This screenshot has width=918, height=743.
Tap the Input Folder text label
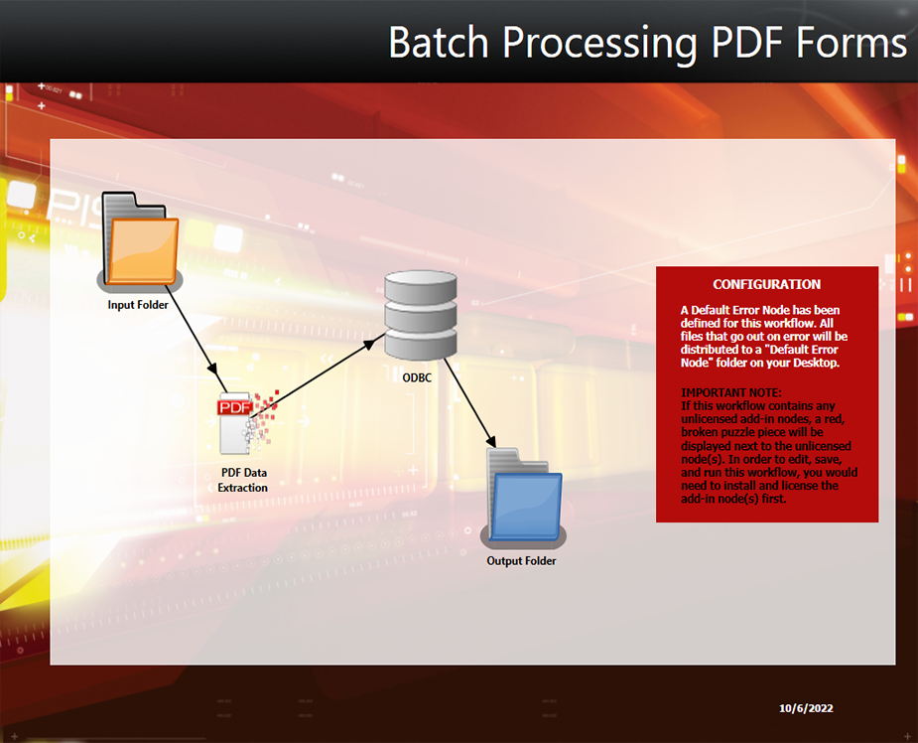138,305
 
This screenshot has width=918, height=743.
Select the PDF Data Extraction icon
247,422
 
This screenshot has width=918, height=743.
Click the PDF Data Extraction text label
243,480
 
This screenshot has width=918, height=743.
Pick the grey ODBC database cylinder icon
421,315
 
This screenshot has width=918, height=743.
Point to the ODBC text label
417,377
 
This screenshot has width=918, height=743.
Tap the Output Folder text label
521,561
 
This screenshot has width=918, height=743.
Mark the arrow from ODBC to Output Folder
470,403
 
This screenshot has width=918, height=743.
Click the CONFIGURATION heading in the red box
766,284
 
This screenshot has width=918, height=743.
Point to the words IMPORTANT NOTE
731,392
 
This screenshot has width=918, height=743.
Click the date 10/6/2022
806,708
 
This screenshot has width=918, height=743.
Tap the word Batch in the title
439,42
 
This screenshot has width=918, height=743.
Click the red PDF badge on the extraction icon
235,407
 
